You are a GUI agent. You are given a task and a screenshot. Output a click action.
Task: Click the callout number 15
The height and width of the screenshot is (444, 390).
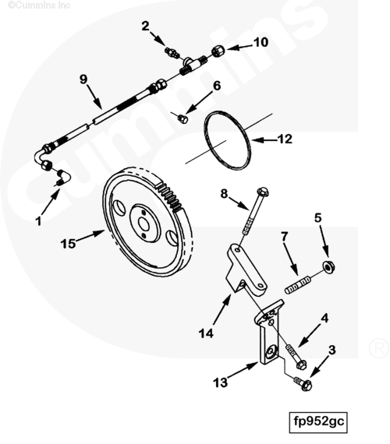point(68,244)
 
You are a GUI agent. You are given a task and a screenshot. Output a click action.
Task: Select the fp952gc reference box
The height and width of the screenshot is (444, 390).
point(318,422)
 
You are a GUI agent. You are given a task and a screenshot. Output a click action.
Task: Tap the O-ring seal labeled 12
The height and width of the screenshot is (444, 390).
point(228,140)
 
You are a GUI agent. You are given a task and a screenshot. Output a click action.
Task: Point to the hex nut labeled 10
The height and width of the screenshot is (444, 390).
point(218,51)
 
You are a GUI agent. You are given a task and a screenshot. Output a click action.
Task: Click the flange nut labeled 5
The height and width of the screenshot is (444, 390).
point(328,266)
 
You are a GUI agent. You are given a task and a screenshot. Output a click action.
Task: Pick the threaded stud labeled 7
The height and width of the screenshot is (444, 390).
point(298,285)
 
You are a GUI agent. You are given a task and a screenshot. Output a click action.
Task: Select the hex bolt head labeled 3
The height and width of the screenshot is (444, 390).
point(306,386)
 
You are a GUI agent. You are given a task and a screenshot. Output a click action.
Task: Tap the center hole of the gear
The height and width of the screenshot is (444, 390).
point(144,225)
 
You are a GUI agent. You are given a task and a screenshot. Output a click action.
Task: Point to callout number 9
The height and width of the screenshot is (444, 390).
point(83,79)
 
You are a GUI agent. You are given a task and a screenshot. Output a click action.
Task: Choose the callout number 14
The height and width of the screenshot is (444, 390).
point(206,333)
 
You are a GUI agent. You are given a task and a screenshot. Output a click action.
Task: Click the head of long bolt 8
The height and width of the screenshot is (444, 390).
point(263,192)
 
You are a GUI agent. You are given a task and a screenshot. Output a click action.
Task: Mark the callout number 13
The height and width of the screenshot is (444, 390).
point(221,382)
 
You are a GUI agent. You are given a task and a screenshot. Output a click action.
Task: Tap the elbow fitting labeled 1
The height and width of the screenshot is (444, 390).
point(65,178)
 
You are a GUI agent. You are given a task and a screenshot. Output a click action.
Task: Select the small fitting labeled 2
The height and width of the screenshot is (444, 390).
point(172,52)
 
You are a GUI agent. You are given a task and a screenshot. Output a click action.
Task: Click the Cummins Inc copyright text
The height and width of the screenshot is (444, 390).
point(39,5)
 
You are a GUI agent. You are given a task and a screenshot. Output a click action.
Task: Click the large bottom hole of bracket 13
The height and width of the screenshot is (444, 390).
point(271,351)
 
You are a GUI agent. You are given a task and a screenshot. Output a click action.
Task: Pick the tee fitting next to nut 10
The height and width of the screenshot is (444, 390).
point(192,65)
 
